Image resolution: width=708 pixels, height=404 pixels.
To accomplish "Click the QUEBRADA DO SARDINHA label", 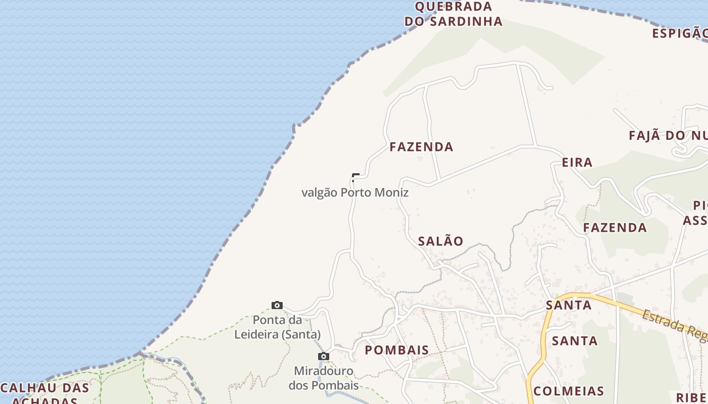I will (x=453, y=14).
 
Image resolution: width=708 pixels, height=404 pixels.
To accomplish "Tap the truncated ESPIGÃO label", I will (x=679, y=33).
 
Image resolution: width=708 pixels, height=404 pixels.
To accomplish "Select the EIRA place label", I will (x=577, y=162).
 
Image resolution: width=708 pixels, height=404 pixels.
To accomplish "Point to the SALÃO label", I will (x=440, y=241).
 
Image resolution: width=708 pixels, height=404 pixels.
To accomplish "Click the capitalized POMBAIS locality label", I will (x=397, y=349).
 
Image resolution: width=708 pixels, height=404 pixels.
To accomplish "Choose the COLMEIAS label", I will (x=568, y=391).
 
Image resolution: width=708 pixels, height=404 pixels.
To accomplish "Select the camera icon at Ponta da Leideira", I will (x=277, y=305).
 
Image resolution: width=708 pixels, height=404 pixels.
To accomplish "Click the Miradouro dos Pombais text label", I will (x=324, y=378).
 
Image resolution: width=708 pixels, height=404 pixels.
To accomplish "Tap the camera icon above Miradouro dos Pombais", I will (x=323, y=357).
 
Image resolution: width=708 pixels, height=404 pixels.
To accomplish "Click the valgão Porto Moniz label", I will (x=355, y=192).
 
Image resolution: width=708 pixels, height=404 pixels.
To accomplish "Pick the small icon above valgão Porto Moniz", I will (x=356, y=177).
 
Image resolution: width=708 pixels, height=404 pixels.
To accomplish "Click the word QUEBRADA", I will (x=453, y=7).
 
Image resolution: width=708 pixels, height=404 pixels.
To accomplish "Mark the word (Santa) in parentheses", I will (x=301, y=334).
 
